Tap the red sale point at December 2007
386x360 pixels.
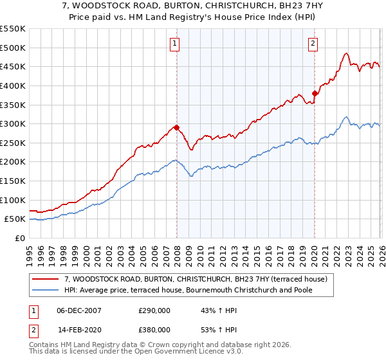click(x=176, y=127)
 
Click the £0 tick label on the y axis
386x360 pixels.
click(x=19, y=238)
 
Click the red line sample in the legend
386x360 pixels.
click(x=46, y=279)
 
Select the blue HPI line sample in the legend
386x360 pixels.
click(x=46, y=290)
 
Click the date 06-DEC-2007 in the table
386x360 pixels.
click(x=79, y=310)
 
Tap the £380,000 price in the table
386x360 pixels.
click(x=154, y=330)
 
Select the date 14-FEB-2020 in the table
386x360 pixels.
click(x=79, y=330)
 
